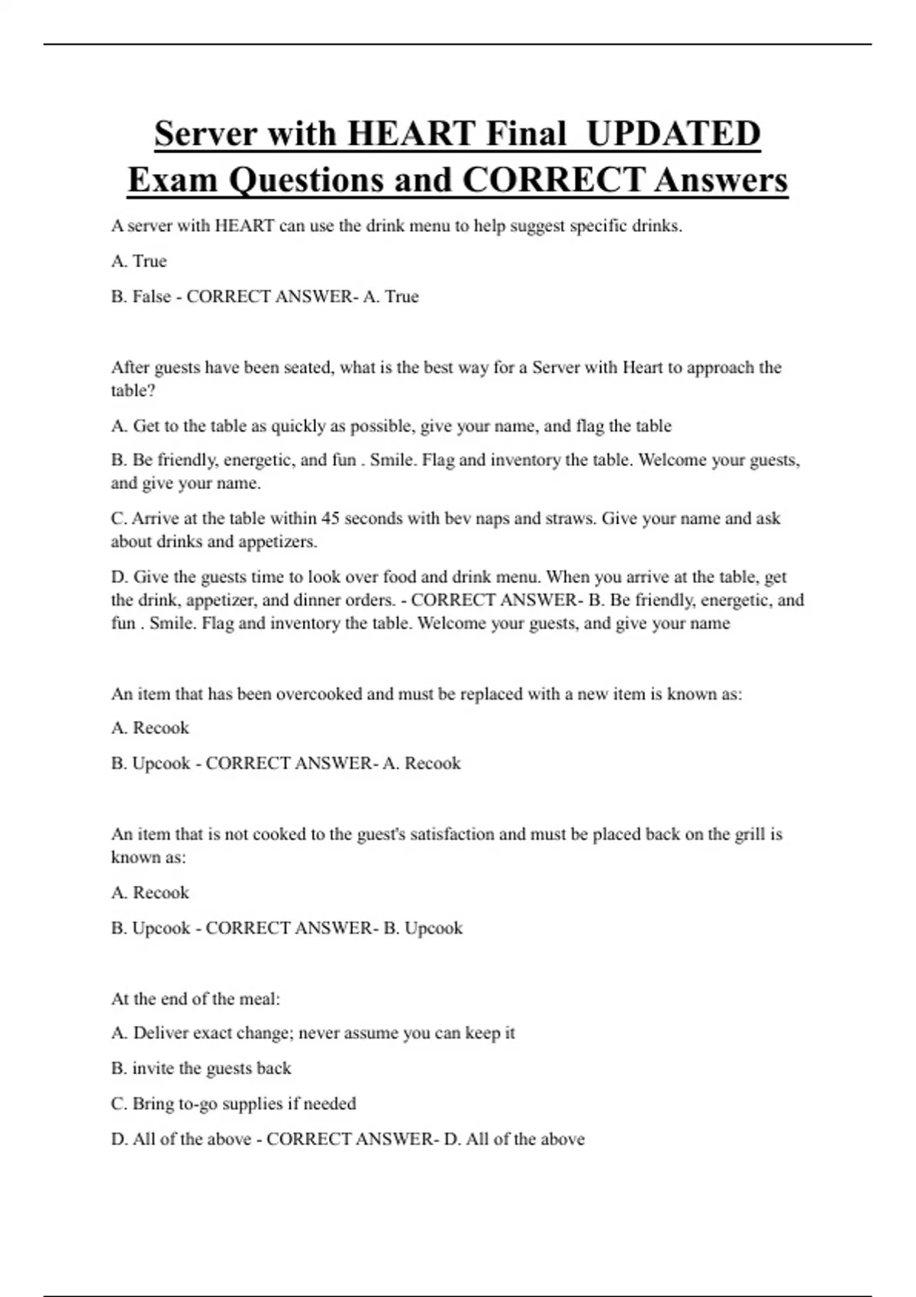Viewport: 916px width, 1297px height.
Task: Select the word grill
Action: [x=749, y=835]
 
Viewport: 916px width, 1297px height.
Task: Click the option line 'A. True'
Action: [x=139, y=261]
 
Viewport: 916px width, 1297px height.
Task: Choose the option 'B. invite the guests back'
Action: [x=202, y=1068]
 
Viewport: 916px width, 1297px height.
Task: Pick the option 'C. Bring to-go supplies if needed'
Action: [x=234, y=1104]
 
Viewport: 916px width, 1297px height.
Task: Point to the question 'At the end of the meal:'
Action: [x=195, y=999]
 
